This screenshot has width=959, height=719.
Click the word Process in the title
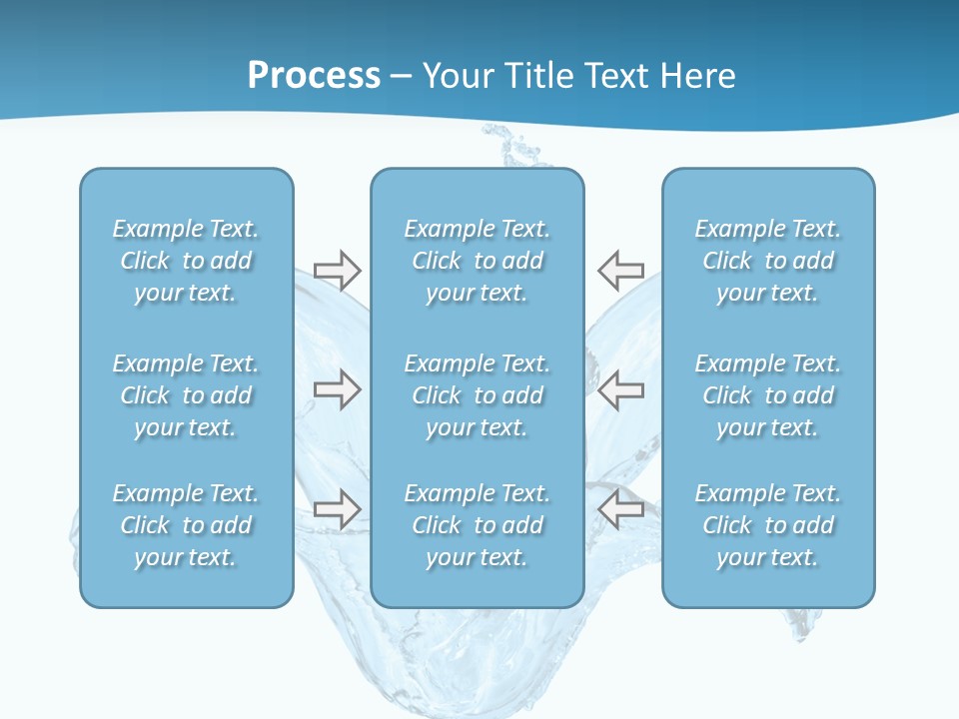pyautogui.click(x=314, y=76)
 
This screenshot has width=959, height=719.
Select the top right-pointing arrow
pyautogui.click(x=337, y=270)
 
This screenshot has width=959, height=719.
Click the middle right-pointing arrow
pyautogui.click(x=337, y=389)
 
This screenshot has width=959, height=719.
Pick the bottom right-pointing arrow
pyautogui.click(x=337, y=509)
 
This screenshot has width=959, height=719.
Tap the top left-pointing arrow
pyautogui.click(x=620, y=270)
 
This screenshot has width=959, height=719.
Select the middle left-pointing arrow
pyautogui.click(x=620, y=389)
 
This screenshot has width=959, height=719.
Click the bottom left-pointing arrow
pyautogui.click(x=620, y=509)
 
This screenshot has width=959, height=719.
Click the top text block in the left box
pyautogui.click(x=186, y=261)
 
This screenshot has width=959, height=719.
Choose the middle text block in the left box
pyautogui.click(x=186, y=395)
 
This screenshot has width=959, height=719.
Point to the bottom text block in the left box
pyautogui.click(x=186, y=525)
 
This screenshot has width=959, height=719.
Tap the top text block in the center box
pyautogui.click(x=478, y=261)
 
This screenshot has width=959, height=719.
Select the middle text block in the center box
pyautogui.click(x=478, y=395)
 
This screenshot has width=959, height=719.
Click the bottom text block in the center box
pyautogui.click(x=478, y=525)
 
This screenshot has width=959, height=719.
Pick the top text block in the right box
pyautogui.click(x=768, y=261)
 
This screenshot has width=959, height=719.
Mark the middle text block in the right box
pyautogui.click(x=768, y=395)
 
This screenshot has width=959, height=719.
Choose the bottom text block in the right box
pyautogui.click(x=768, y=525)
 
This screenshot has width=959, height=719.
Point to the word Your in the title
pyautogui.click(x=457, y=76)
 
